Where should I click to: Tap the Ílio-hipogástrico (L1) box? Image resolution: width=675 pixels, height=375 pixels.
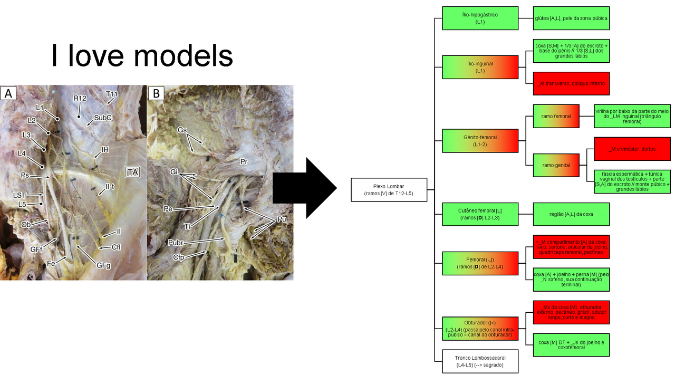pyautogui.click(x=480, y=18)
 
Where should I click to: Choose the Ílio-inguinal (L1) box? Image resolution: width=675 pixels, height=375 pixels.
pyautogui.click(x=480, y=67)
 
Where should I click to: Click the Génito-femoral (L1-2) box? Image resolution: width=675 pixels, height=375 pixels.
pyautogui.click(x=480, y=141)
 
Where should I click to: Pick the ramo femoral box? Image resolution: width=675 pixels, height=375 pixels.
pyautogui.click(x=555, y=116)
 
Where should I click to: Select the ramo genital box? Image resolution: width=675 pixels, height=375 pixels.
pyautogui.click(x=555, y=165)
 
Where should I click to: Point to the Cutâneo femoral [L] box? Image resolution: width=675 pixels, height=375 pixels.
pyautogui.click(x=480, y=214)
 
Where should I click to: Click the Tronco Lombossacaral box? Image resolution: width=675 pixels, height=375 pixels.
pyautogui.click(x=480, y=361)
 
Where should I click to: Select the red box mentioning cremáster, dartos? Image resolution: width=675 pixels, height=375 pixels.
pyautogui.click(x=632, y=149)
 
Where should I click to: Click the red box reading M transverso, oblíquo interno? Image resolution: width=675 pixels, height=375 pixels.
pyautogui.click(x=571, y=83)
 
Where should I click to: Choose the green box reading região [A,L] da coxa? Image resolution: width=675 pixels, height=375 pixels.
pyautogui.click(x=571, y=214)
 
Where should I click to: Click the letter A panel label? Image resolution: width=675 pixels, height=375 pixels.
pyautogui.click(x=8, y=93)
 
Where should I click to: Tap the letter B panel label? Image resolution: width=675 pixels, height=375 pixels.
pyautogui.click(x=156, y=93)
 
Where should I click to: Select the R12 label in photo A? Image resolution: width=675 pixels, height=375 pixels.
pyautogui.click(x=80, y=99)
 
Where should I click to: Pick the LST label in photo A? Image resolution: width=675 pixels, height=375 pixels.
pyautogui.click(x=20, y=195)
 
